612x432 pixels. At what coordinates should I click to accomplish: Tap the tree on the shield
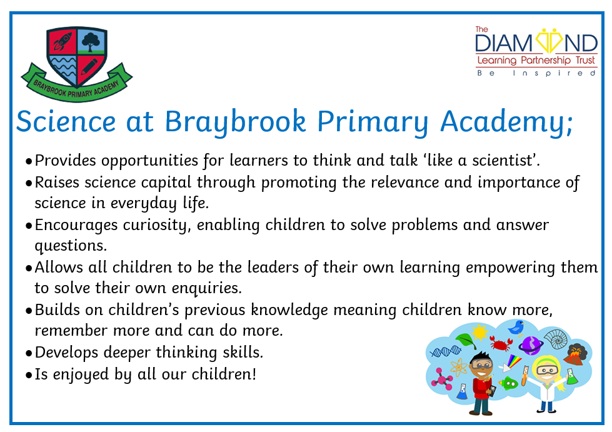tap(91, 41)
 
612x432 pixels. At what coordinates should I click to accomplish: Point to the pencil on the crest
tap(89, 67)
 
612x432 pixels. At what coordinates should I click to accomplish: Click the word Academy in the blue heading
tap(506, 122)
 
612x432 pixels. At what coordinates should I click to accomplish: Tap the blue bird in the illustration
tap(516, 328)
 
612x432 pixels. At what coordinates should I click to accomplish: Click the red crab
tap(501, 343)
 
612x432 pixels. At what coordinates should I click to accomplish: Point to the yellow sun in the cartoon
tap(479, 333)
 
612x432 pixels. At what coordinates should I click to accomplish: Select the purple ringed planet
tap(531, 345)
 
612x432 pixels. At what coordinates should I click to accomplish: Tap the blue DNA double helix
tap(445, 351)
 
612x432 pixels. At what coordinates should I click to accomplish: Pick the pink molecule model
tap(442, 378)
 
